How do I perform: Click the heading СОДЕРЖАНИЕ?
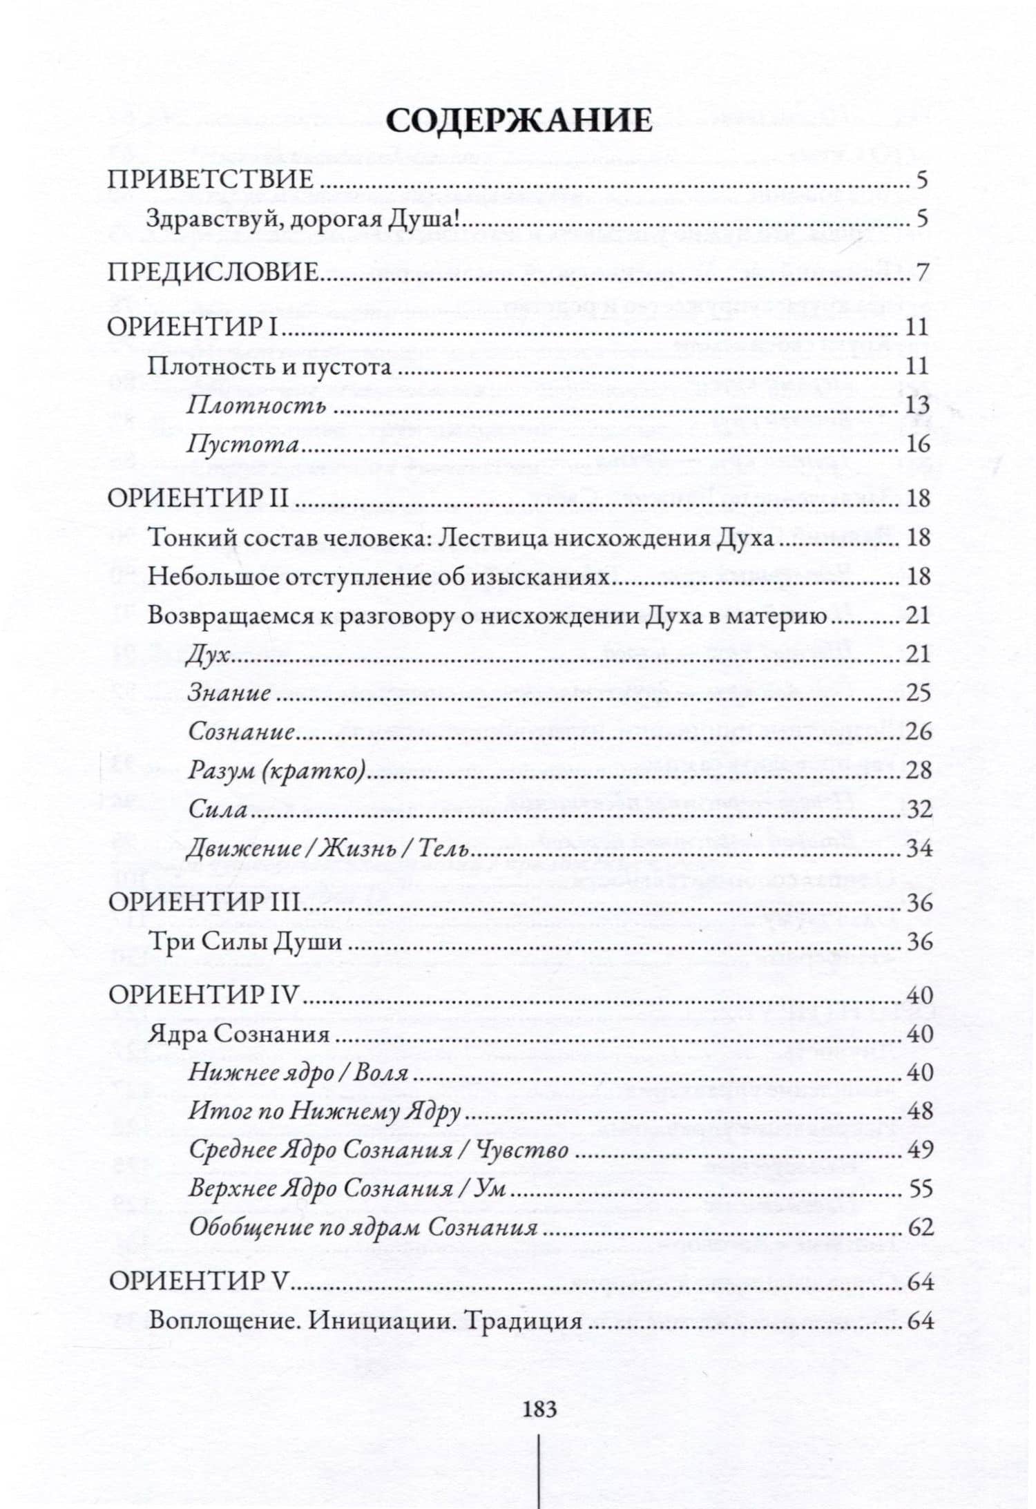[519, 121]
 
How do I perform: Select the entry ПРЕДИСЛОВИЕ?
[213, 273]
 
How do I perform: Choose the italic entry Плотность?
[256, 405]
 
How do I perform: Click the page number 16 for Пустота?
[917, 444]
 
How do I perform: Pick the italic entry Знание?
[229, 693]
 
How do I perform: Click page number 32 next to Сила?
[919, 809]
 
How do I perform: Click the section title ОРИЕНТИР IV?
[204, 995]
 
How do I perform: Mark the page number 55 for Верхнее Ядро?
[919, 1189]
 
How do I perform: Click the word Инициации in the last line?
[378, 1322]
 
